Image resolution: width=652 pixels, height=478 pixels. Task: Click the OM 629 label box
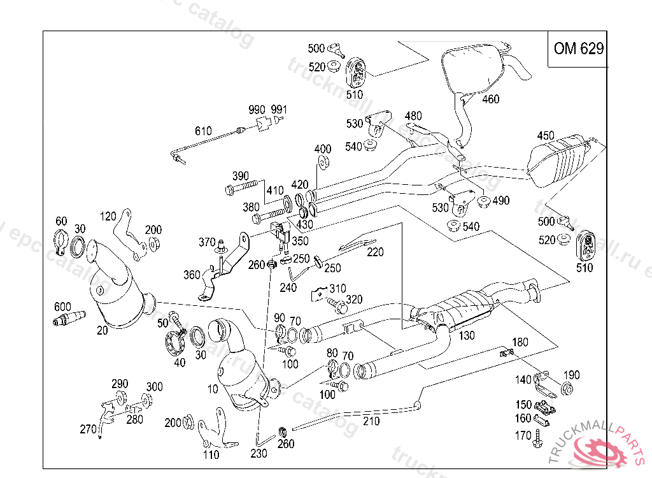[x=578, y=49]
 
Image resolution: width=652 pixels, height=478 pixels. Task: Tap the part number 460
[x=490, y=99]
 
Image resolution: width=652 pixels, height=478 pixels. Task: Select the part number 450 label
[x=546, y=135]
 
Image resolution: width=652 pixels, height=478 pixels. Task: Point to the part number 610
[x=203, y=131]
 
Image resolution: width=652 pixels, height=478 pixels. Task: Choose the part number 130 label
[x=467, y=335]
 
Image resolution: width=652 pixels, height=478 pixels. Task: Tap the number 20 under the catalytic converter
[x=103, y=330]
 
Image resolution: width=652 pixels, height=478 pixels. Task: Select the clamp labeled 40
[x=174, y=345]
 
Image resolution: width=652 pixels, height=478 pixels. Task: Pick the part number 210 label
[x=371, y=421]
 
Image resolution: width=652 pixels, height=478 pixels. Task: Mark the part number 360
[x=192, y=275]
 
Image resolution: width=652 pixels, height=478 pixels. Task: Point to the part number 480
[x=413, y=116]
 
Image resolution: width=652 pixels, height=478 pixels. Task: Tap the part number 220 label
[x=375, y=252]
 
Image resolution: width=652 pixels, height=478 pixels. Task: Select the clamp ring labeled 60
[x=60, y=242]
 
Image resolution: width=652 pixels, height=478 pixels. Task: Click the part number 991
[x=279, y=109]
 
